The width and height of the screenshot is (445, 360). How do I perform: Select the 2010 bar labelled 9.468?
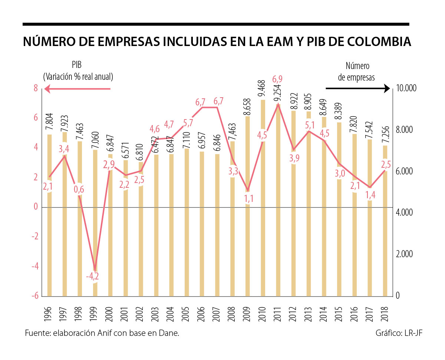coord(263,197)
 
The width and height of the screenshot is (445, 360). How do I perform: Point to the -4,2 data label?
coord(93,276)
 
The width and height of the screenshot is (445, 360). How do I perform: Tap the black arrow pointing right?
coord(358,89)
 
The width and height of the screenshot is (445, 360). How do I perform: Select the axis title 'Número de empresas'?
coord(357,72)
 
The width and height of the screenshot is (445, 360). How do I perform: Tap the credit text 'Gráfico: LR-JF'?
coord(399,333)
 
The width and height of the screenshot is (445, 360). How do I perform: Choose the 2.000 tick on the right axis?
coord(403,254)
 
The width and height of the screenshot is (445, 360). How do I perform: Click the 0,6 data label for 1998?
coord(79,189)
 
